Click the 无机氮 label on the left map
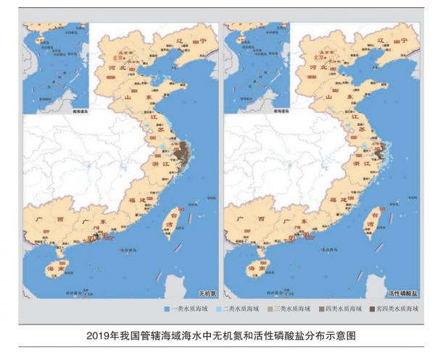click(x=207, y=293)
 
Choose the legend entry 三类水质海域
click(x=290, y=309)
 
